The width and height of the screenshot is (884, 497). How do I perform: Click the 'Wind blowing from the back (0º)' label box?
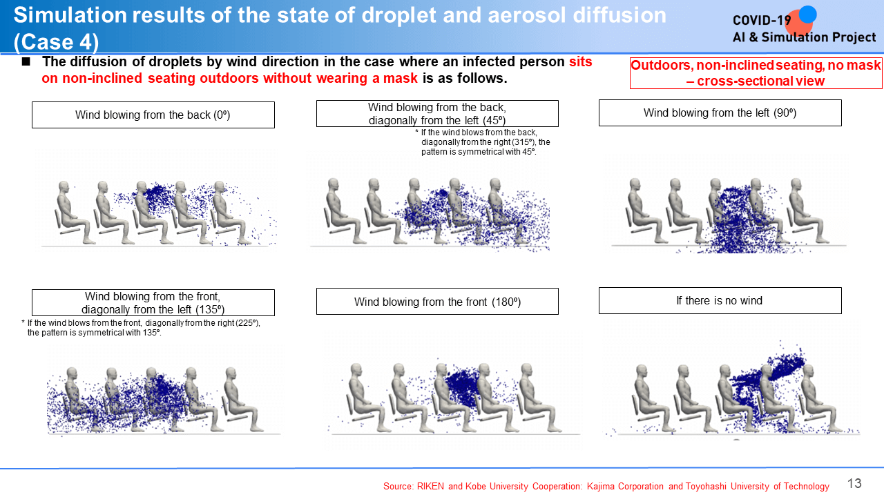[153, 115]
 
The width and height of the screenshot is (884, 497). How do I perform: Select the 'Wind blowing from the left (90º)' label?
[720, 113]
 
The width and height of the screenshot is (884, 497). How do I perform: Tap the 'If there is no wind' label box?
[720, 300]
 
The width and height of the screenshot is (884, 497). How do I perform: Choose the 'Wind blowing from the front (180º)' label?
[437, 302]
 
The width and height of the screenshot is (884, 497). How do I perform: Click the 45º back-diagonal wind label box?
[437, 114]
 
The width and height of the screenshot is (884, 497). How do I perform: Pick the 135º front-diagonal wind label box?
[153, 302]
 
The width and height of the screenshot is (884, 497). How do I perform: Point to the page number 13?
[854, 483]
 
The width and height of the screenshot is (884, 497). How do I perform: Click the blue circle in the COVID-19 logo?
[808, 14]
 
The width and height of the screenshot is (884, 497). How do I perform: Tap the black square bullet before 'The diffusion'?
[26, 61]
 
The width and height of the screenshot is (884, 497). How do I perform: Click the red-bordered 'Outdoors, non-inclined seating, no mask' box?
[756, 73]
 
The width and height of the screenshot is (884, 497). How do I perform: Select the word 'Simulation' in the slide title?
[70, 15]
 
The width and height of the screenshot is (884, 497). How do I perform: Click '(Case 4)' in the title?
[56, 42]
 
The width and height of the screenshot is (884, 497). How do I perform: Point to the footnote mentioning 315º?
[483, 142]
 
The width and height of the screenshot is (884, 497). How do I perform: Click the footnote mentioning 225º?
[141, 328]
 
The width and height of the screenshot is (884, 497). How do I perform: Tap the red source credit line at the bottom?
[606, 487]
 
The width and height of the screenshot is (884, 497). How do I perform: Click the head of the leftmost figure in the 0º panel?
[64, 187]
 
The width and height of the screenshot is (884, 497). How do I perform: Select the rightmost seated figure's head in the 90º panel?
[796, 185]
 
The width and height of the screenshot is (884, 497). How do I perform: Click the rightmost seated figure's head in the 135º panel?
[231, 373]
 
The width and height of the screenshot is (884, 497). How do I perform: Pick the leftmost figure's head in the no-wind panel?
[642, 371]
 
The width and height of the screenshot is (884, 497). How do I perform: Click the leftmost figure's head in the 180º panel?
[356, 370]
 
